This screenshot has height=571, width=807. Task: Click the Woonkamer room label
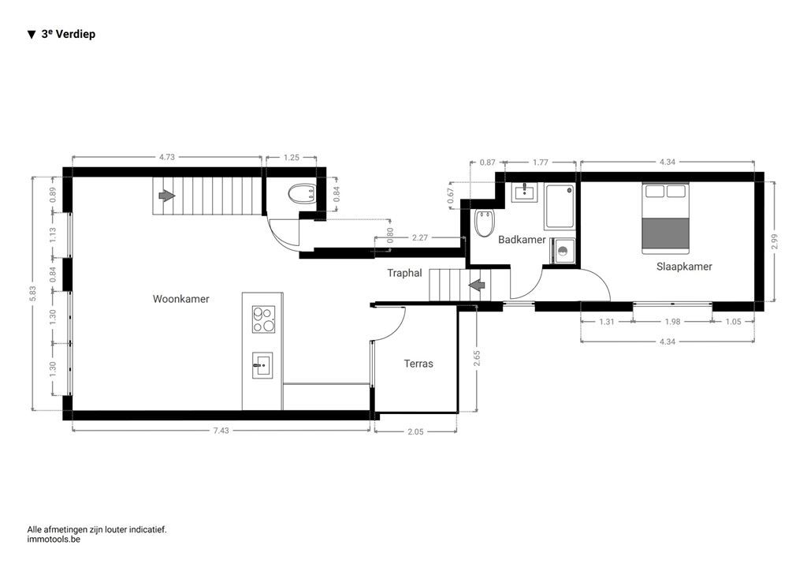[180, 299]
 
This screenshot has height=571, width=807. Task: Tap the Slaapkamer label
[684, 267]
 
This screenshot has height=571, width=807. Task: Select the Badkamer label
[522, 240]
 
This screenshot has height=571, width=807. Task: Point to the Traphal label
[404, 273]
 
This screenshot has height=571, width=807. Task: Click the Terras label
[418, 364]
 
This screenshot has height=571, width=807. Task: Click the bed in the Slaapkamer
[665, 218]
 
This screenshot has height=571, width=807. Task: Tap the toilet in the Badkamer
[484, 225]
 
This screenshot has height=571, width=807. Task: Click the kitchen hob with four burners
[262, 319]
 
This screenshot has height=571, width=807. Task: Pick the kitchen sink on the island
[262, 365]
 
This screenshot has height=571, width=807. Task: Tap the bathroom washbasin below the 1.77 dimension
[523, 192]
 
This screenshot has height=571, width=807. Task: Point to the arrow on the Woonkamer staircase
[165, 195]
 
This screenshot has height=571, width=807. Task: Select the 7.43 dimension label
[221, 431]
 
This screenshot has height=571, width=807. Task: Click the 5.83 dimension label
[32, 292]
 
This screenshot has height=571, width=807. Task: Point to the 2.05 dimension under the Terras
[416, 431]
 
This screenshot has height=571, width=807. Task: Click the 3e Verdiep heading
[68, 34]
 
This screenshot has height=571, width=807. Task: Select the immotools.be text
[54, 539]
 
